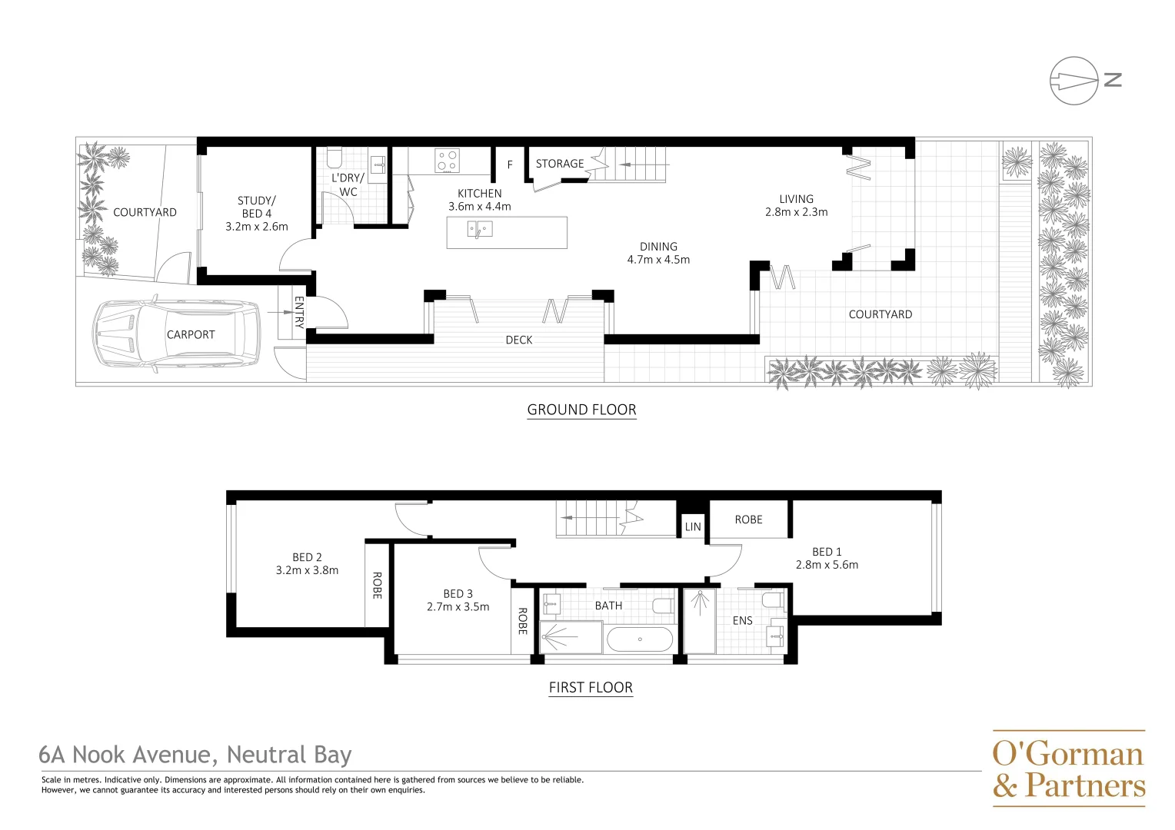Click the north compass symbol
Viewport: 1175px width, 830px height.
pos(1074,80)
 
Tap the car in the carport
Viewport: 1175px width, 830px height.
pos(176,335)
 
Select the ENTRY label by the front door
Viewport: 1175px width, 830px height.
pos(299,312)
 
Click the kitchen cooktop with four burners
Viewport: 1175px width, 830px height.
pos(448,161)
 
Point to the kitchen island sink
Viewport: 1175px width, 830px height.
pos(480,229)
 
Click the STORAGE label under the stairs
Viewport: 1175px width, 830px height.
pos(559,164)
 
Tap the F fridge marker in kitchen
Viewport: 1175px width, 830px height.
pos(509,165)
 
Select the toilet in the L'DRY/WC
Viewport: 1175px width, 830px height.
pos(334,158)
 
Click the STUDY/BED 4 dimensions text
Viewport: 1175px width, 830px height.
pos(257,227)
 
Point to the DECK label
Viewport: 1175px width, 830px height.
pos(519,340)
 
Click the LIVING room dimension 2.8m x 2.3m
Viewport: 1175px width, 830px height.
pos(796,212)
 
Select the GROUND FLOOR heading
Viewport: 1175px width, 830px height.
pos(581,410)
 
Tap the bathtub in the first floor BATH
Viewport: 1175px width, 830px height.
pos(639,639)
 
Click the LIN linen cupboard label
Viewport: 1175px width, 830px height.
pos(693,527)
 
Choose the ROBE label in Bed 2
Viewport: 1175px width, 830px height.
pos(377,585)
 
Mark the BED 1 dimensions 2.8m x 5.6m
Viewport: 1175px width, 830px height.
pos(827,565)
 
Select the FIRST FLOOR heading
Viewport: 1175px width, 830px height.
pos(591,688)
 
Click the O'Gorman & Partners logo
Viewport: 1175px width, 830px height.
pos(1068,769)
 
